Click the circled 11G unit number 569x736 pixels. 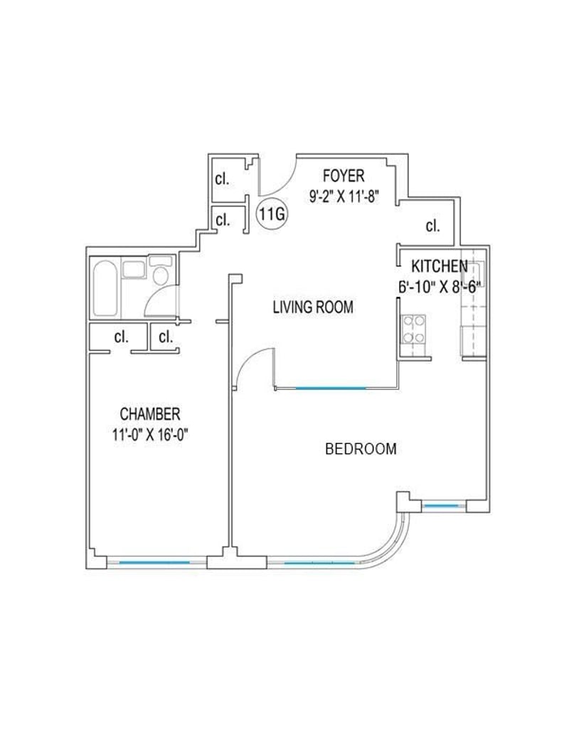[x=272, y=214]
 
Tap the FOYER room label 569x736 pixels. [x=344, y=176]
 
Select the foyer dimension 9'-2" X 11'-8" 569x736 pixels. [x=344, y=196]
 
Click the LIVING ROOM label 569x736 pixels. [x=313, y=307]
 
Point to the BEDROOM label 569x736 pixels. [x=361, y=449]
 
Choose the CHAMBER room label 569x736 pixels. [x=150, y=414]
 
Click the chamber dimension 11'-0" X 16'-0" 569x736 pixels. [x=150, y=435]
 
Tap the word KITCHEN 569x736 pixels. [x=440, y=266]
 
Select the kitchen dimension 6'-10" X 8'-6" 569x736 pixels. [x=440, y=286]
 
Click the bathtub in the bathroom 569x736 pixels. [x=105, y=288]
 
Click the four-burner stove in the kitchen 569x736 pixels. [x=413, y=329]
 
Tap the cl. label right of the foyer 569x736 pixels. [x=432, y=226]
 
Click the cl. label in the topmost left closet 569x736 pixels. [x=222, y=179]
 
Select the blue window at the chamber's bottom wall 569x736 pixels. [x=155, y=562]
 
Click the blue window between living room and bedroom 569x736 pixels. [x=331, y=388]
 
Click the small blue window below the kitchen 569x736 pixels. [x=440, y=505]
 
